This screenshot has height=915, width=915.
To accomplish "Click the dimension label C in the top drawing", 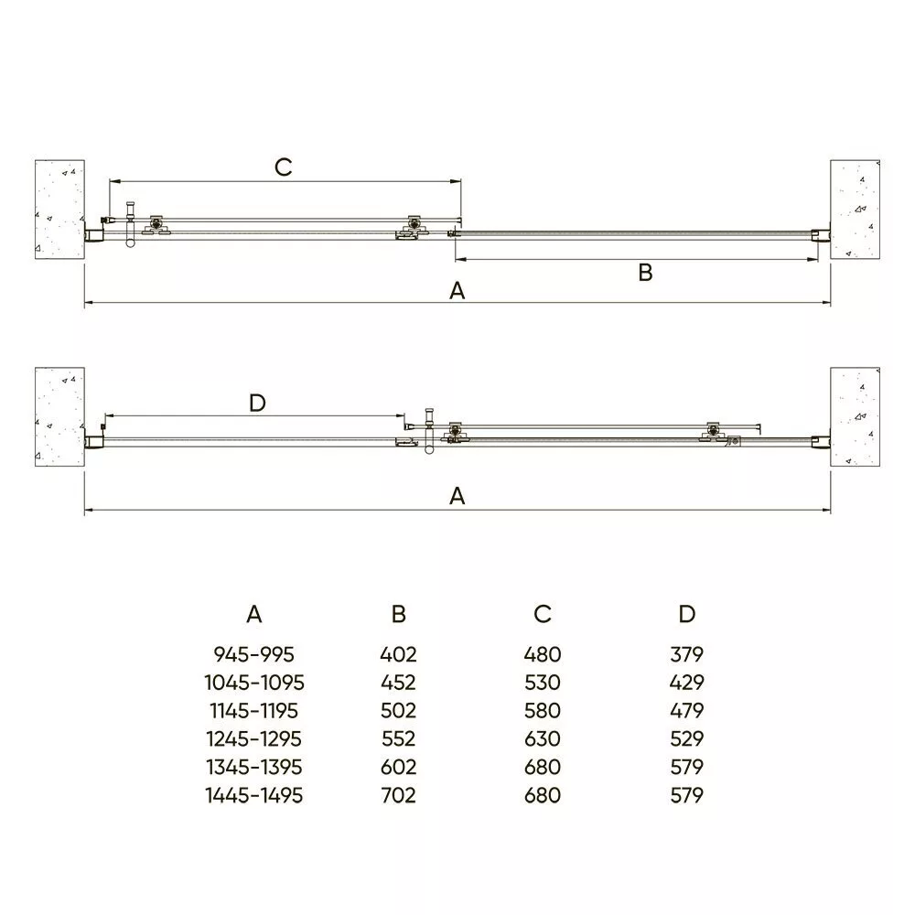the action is pyautogui.click(x=283, y=167).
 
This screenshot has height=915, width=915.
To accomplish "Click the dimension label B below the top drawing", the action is pyautogui.click(x=645, y=273).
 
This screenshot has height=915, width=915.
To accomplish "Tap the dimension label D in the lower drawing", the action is pyautogui.click(x=257, y=403).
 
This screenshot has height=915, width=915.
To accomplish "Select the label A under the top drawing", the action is pyautogui.click(x=457, y=291).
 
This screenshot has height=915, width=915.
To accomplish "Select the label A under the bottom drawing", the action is pyautogui.click(x=457, y=496).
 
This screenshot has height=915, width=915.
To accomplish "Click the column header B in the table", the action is pyautogui.click(x=399, y=614).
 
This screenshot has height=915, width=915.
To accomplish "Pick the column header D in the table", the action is pyautogui.click(x=687, y=614).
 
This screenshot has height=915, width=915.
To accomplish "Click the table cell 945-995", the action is pyautogui.click(x=253, y=655).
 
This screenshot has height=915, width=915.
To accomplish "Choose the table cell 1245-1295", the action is pyautogui.click(x=253, y=739).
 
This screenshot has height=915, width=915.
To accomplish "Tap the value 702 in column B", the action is pyautogui.click(x=399, y=795).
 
